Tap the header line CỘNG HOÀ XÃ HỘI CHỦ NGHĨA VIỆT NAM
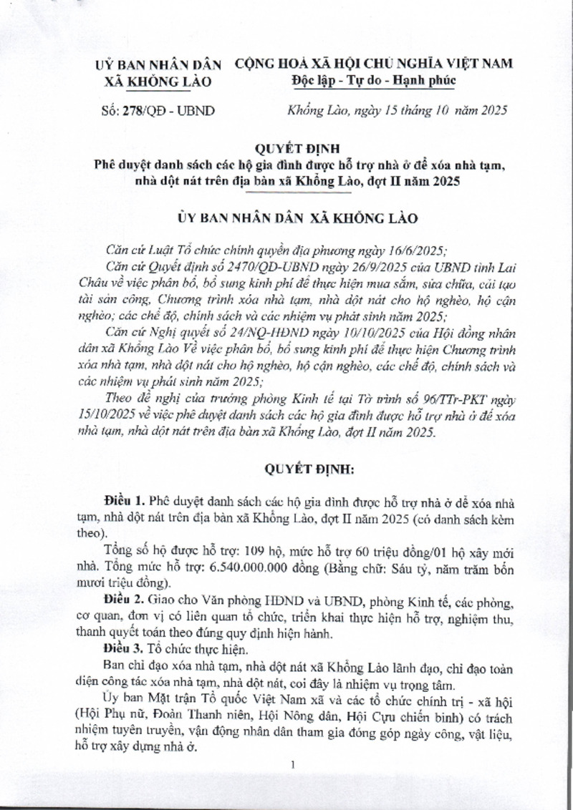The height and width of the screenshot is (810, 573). (374, 64)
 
